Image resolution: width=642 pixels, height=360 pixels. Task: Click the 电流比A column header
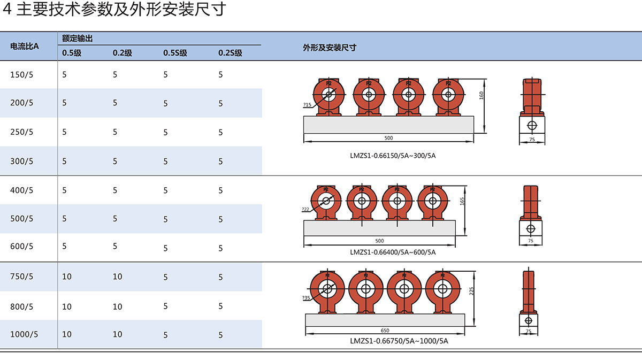25,47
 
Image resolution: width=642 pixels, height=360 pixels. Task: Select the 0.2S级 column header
230,53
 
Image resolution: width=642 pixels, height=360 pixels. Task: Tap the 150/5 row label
21,75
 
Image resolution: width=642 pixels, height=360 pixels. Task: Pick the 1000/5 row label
24,334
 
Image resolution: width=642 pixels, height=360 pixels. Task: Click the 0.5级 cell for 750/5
67,277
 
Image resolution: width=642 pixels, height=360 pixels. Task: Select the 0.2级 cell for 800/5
117,307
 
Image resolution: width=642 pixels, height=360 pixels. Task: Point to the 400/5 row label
21,190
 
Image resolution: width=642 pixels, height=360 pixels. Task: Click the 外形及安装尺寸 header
329,47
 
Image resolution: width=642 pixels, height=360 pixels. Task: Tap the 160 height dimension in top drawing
481,95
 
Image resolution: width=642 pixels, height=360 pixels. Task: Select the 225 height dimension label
471,291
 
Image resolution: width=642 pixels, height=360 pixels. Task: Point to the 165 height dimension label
462,201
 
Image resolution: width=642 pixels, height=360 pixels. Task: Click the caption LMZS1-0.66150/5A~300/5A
390,156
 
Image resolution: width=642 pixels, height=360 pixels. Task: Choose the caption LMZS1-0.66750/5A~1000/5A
399,341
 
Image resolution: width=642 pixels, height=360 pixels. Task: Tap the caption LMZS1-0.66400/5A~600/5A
393,252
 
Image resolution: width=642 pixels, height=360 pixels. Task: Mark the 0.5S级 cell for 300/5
165,161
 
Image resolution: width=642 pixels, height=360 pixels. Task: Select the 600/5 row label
21,247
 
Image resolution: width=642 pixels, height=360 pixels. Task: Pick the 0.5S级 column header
175,53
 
